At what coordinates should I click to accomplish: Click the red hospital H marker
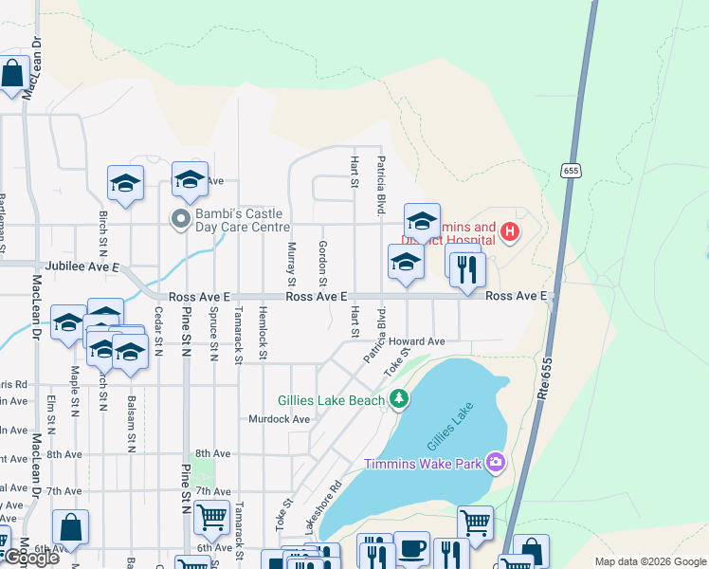pyautogui.click(x=510, y=230)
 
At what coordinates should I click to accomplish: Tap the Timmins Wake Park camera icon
pyautogui.click(x=494, y=462)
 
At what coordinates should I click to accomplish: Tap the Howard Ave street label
pyautogui.click(x=422, y=341)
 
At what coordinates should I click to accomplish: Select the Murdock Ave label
pyautogui.click(x=280, y=418)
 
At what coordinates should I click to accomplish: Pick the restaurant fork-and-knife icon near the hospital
pyautogui.click(x=466, y=268)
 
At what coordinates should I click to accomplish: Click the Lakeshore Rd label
pyautogui.click(x=322, y=505)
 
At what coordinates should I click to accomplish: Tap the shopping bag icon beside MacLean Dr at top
pyautogui.click(x=12, y=74)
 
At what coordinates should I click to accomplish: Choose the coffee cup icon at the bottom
pyautogui.click(x=410, y=549)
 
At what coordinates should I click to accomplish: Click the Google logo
pyautogui.click(x=30, y=559)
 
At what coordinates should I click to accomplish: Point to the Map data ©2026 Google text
pyautogui.click(x=649, y=561)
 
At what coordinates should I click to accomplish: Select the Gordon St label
pyautogui.click(x=322, y=263)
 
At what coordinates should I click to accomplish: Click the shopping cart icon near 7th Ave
pyautogui.click(x=210, y=518)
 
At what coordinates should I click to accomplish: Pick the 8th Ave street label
pyautogui.click(x=212, y=455)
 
